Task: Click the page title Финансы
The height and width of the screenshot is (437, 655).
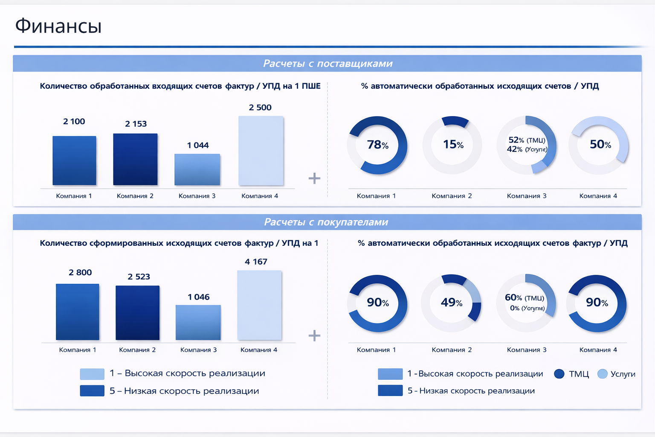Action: click(58, 26)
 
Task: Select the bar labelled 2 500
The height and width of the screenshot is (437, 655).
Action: click(261, 151)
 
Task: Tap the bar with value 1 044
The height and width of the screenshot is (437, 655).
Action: click(197, 169)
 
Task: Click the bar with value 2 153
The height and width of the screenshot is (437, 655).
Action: click(135, 159)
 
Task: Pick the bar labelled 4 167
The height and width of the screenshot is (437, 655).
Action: click(259, 305)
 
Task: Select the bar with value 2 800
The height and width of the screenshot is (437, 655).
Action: click(78, 312)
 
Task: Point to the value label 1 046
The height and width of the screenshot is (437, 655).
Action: click(199, 297)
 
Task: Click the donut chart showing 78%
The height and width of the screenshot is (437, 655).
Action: click(377, 145)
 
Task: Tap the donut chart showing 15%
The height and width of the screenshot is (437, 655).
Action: click(452, 145)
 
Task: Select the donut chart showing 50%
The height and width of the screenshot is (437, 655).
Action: click(599, 145)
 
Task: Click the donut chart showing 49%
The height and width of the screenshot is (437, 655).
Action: click(451, 303)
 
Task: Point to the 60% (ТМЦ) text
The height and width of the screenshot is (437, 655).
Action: click(524, 297)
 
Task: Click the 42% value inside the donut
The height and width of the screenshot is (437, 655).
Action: click(514, 149)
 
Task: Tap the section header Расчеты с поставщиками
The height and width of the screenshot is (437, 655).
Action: click(327, 64)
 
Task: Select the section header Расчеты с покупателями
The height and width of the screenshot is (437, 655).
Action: click(326, 222)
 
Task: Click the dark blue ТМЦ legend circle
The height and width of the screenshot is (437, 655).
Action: click(559, 374)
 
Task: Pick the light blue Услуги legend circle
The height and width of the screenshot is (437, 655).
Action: click(602, 374)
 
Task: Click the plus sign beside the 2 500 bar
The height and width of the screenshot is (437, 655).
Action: click(314, 178)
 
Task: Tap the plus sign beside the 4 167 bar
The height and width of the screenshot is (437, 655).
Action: click(314, 335)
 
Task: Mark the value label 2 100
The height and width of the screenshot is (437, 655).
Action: click(74, 122)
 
